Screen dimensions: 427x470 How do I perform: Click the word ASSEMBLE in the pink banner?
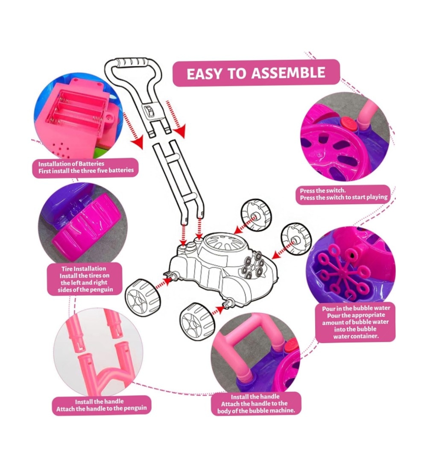click(x=288, y=73)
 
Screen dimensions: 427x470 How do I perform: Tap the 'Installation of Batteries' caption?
click(x=71, y=164)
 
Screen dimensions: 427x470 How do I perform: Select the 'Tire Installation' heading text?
click(x=84, y=269)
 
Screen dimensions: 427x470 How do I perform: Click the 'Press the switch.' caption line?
click(x=323, y=190)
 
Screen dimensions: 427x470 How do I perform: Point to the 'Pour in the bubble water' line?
click(x=356, y=308)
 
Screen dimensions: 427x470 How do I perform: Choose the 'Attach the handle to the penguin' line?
click(x=101, y=408)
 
